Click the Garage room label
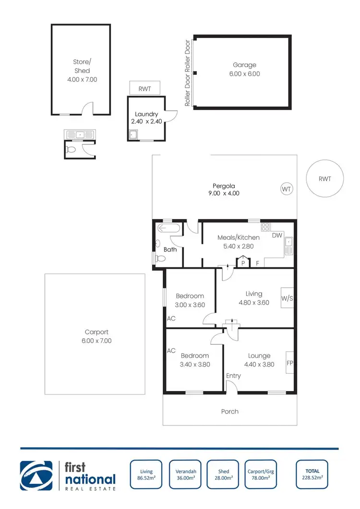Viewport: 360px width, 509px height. click(245, 65)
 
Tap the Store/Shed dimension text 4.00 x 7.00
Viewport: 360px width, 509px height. click(82, 79)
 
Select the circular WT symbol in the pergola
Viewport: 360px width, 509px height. click(287, 189)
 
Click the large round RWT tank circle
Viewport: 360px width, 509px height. click(325, 179)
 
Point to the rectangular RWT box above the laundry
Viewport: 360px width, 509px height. click(145, 88)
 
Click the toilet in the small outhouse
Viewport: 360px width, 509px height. click(72, 150)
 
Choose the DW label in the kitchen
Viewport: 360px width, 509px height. click(277, 235)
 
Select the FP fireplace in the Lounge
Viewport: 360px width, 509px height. click(290, 363)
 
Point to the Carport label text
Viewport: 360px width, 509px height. click(96, 332)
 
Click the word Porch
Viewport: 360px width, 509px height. click(229, 411)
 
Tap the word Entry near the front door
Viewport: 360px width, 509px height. click(234, 376)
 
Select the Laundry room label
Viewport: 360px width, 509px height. click(146, 114)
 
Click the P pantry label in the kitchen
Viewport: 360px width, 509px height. click(243, 263)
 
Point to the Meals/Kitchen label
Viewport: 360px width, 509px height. click(239, 237)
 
